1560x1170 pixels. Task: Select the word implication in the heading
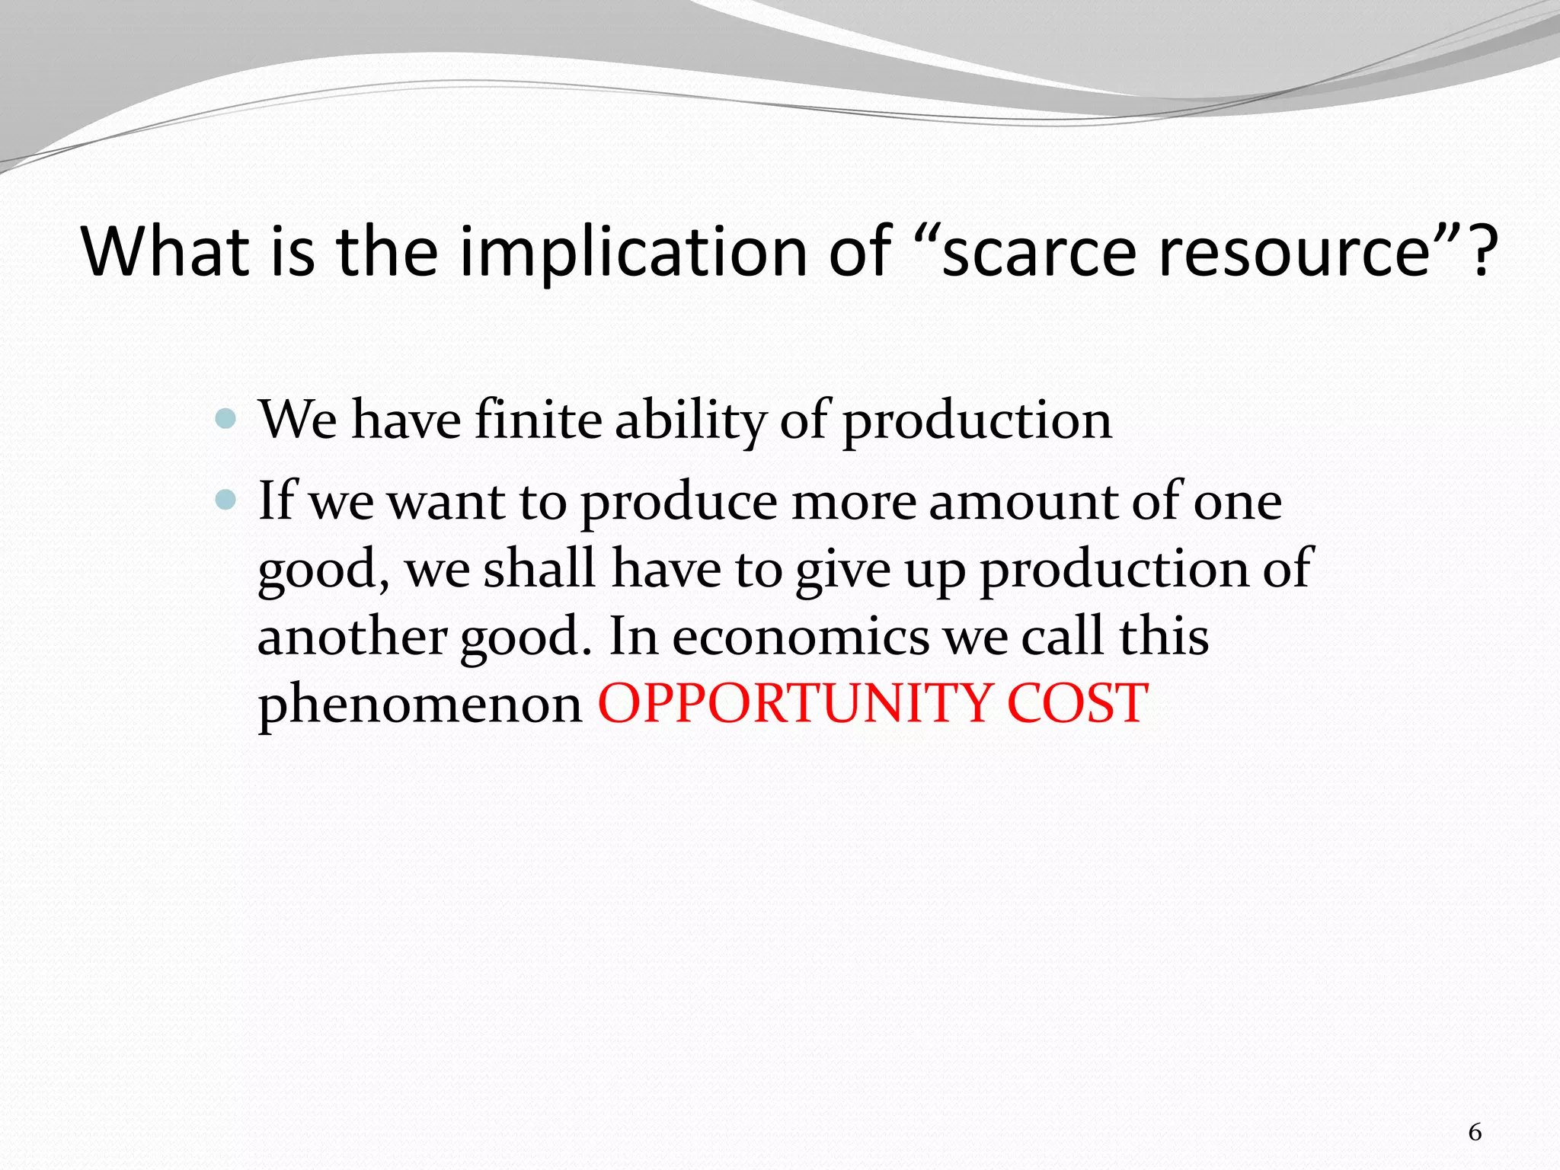pyautogui.click(x=633, y=251)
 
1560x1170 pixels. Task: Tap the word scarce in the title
pyautogui.click(x=1041, y=251)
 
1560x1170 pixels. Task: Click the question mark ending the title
pyautogui.click(x=1481, y=251)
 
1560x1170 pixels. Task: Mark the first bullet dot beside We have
pyautogui.click(x=226, y=418)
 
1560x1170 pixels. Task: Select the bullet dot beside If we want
pyautogui.click(x=226, y=500)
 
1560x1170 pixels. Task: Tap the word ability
pyautogui.click(x=689, y=420)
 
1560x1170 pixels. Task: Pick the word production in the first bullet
pyautogui.click(x=977, y=420)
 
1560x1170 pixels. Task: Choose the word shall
pyautogui.click(x=539, y=568)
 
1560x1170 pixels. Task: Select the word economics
pyautogui.click(x=800, y=636)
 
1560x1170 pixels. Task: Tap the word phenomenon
pyautogui.click(x=420, y=704)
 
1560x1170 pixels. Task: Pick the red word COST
pyautogui.click(x=1077, y=703)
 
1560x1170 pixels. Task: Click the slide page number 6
pyautogui.click(x=1475, y=1133)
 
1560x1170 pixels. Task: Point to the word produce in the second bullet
pyautogui.click(x=679, y=502)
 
